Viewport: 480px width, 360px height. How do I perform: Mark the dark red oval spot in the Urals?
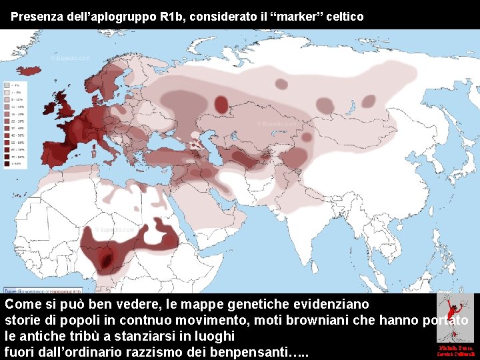point(221,103)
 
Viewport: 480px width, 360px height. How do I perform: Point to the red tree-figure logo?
point(455,317)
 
